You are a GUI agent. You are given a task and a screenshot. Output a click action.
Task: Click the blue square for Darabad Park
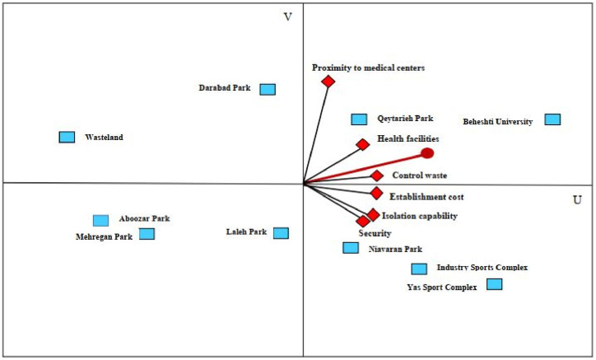click(268, 89)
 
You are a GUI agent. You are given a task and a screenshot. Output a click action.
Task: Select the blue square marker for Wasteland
click(67, 137)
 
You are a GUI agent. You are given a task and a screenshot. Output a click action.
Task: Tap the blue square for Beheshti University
click(552, 119)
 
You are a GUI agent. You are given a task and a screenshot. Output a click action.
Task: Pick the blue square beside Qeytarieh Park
click(359, 119)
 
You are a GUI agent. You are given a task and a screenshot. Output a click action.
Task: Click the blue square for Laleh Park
click(281, 233)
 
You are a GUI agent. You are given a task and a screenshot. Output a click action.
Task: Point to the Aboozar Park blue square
click(100, 220)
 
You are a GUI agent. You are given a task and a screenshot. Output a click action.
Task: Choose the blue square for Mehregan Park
click(147, 234)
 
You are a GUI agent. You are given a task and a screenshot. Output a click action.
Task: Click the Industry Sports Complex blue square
click(419, 269)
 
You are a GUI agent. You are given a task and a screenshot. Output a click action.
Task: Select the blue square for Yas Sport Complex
click(494, 284)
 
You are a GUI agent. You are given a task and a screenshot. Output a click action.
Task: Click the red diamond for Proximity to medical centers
click(328, 81)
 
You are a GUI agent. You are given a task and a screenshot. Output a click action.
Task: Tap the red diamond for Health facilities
click(362, 145)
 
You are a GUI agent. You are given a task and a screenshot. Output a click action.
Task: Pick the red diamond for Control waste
click(376, 175)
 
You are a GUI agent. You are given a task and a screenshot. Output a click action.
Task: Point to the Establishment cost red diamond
click(376, 194)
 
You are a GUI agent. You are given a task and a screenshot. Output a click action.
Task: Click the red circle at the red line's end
click(427, 153)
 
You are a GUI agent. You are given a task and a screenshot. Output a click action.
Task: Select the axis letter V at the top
click(287, 17)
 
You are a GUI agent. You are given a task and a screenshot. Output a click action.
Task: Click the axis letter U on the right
click(577, 200)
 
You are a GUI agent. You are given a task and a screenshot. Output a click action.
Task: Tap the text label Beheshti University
click(497, 122)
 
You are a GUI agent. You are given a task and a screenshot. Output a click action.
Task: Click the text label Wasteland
click(104, 138)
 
